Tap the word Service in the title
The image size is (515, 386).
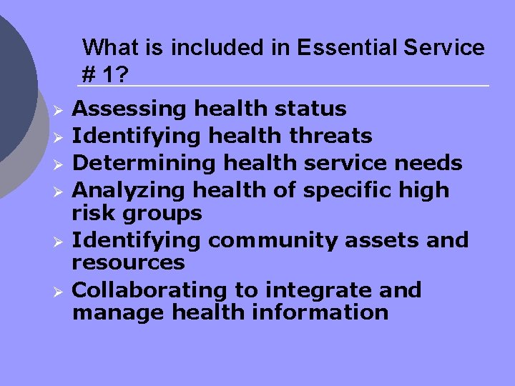(443, 48)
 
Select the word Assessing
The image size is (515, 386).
(131, 109)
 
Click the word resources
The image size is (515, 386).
(129, 262)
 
